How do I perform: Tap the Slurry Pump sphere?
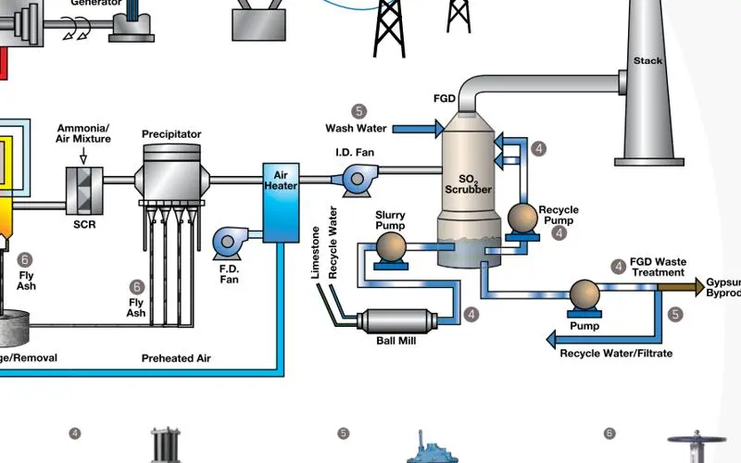(390, 246)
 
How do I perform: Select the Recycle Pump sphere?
(524, 219)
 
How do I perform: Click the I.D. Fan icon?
(353, 179)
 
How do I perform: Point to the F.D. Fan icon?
(227, 243)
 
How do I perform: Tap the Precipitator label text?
(171, 134)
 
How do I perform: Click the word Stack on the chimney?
(647, 61)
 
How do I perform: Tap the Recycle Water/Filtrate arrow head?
(552, 340)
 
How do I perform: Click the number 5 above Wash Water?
(360, 112)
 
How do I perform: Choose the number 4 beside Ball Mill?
(472, 315)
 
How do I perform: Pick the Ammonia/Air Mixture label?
(84, 133)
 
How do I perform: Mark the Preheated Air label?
(176, 358)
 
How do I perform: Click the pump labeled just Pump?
(584, 295)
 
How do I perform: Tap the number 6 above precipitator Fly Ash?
(137, 287)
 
